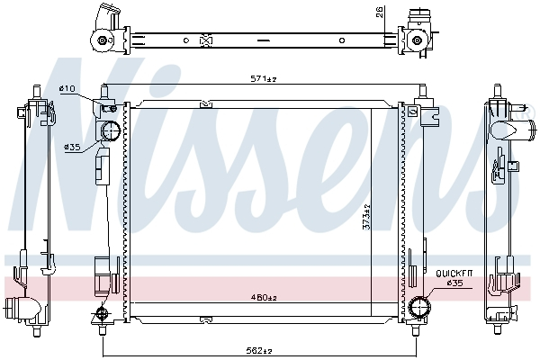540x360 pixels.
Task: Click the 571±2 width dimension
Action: point(263,79)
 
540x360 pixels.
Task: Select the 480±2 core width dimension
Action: point(263,300)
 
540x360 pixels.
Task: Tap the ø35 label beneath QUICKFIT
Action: point(454,283)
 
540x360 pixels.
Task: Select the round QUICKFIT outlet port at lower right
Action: point(418,309)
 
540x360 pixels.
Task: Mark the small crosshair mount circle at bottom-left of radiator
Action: point(102,313)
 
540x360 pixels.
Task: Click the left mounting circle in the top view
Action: point(103,41)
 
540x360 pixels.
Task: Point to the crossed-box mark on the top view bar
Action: point(205,40)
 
